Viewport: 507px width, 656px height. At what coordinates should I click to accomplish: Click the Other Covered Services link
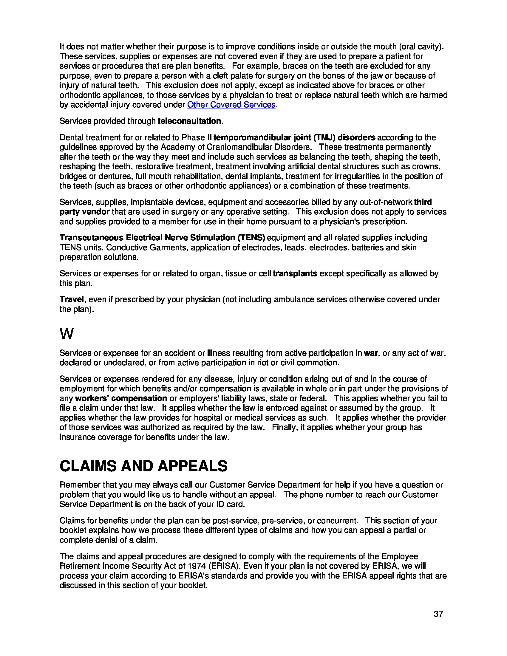[x=231, y=105]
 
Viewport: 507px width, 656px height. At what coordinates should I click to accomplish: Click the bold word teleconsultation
[x=189, y=121]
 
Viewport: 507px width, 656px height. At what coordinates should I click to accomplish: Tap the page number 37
[x=438, y=614]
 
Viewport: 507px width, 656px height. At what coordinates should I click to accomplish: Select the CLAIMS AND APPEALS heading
[x=143, y=466]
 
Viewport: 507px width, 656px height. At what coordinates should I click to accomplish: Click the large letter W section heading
[x=67, y=334]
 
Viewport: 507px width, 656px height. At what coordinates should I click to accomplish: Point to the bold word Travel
[x=72, y=299]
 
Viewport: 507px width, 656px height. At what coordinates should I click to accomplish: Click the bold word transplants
[x=295, y=273]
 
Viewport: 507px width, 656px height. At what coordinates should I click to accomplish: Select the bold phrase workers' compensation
[x=121, y=398]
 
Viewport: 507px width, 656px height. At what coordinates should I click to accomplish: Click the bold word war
[x=371, y=353]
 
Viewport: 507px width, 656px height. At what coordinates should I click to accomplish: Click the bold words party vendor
[x=84, y=212]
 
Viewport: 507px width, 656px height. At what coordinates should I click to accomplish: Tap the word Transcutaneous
[x=92, y=238]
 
